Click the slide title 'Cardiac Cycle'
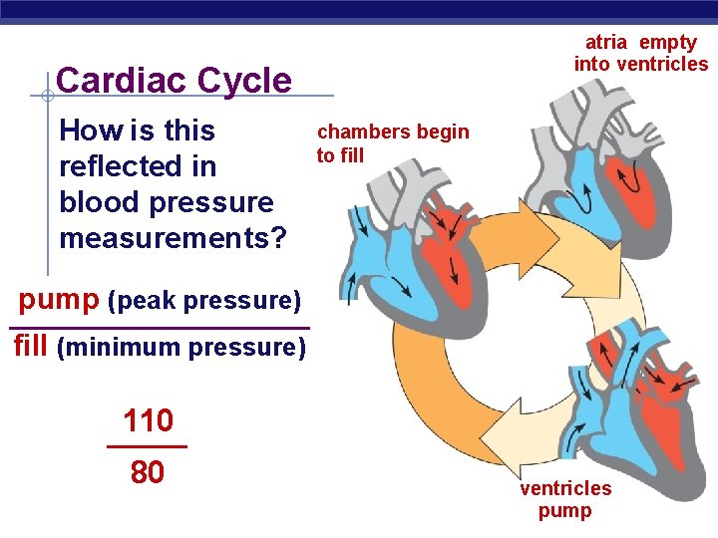175,80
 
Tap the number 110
148,421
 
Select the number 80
148,472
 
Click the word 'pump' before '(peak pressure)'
58,298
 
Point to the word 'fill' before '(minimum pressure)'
31,346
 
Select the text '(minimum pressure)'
181,348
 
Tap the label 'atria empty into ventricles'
640,54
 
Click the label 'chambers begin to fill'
392,143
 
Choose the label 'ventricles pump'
565,499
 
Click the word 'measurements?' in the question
173,238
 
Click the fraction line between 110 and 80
147,446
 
